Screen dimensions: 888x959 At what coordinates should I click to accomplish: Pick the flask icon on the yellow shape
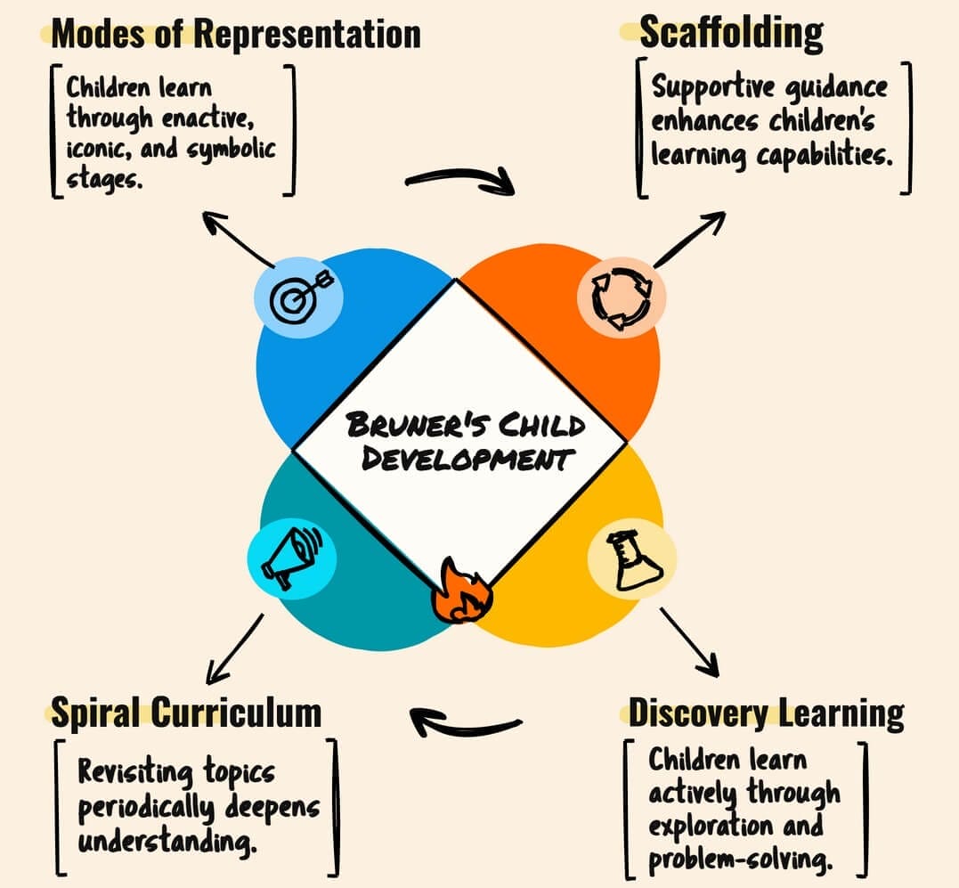pos(632,561)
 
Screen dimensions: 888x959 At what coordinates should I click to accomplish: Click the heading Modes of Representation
pos(236,34)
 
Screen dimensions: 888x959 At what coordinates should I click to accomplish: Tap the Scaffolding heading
pos(731,34)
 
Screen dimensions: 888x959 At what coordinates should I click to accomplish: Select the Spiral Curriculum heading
pos(185,713)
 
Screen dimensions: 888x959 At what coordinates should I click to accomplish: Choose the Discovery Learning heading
pos(766,713)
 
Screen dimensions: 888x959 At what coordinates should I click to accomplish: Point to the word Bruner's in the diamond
pos(400,424)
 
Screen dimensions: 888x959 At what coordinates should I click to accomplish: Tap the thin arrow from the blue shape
pos(238,239)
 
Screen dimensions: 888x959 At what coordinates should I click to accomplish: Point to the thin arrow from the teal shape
pos(235,647)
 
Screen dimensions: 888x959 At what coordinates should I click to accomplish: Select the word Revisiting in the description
pos(134,771)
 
